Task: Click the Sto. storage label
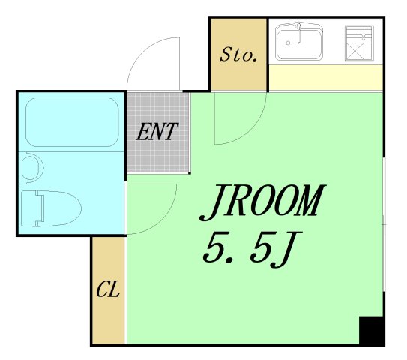point(238,54)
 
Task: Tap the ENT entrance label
point(157,132)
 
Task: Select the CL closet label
point(108,288)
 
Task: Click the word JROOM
point(262,202)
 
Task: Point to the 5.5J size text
point(252,249)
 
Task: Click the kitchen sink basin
point(299,42)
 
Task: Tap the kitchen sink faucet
point(299,33)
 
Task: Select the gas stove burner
point(359,43)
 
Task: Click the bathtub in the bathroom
point(72,122)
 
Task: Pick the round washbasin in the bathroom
point(31,168)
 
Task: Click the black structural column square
point(371,331)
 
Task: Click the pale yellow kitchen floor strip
point(325,77)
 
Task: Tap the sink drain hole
point(288,43)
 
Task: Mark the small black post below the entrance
point(190,173)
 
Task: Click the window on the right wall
point(385,224)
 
